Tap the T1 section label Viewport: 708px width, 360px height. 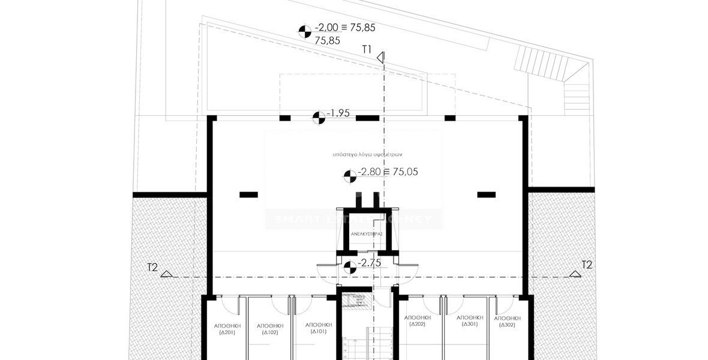tap(367, 49)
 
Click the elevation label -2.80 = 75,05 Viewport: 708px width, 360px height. tap(388, 172)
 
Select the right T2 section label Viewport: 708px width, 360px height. tap(587, 265)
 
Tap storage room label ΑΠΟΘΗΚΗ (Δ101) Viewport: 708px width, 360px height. tap(318, 327)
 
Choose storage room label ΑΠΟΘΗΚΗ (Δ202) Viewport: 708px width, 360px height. tap(417, 320)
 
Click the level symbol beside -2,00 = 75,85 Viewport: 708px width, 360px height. tap(305, 30)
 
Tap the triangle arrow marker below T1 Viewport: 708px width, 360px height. tap(380, 58)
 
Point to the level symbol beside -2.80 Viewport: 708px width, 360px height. tap(349, 176)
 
